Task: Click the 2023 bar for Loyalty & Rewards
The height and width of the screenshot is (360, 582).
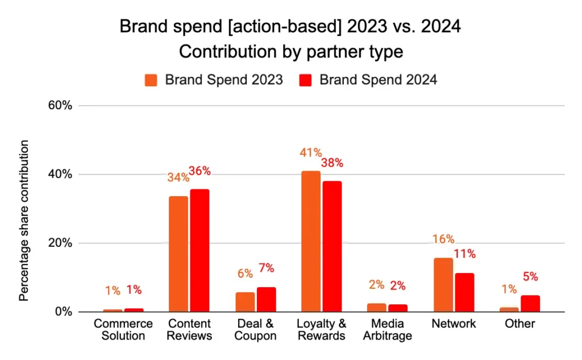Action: pos(311,241)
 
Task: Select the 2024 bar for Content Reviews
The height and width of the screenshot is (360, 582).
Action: pos(199,250)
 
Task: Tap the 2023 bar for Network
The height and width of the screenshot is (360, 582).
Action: pos(443,284)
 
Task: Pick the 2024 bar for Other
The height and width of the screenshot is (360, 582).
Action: pos(530,303)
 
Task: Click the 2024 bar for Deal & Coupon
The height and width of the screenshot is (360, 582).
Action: pos(266,299)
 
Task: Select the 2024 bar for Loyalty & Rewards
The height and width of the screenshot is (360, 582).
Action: pos(332,246)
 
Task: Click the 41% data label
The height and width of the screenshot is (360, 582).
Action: pos(311,152)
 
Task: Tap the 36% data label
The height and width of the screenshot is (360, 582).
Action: pos(199,171)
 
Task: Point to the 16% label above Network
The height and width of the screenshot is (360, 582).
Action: pos(443,239)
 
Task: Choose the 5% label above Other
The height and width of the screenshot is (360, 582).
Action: pos(530,277)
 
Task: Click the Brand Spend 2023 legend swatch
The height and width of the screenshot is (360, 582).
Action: pos(151,80)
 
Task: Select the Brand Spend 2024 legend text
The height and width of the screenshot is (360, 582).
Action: pos(378,80)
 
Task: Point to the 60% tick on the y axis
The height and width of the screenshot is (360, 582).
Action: pos(60,106)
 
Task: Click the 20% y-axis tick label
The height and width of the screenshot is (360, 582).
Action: pos(60,243)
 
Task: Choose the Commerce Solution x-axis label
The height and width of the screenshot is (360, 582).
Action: pos(123,329)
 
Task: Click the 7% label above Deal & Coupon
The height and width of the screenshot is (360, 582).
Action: pos(267,268)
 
